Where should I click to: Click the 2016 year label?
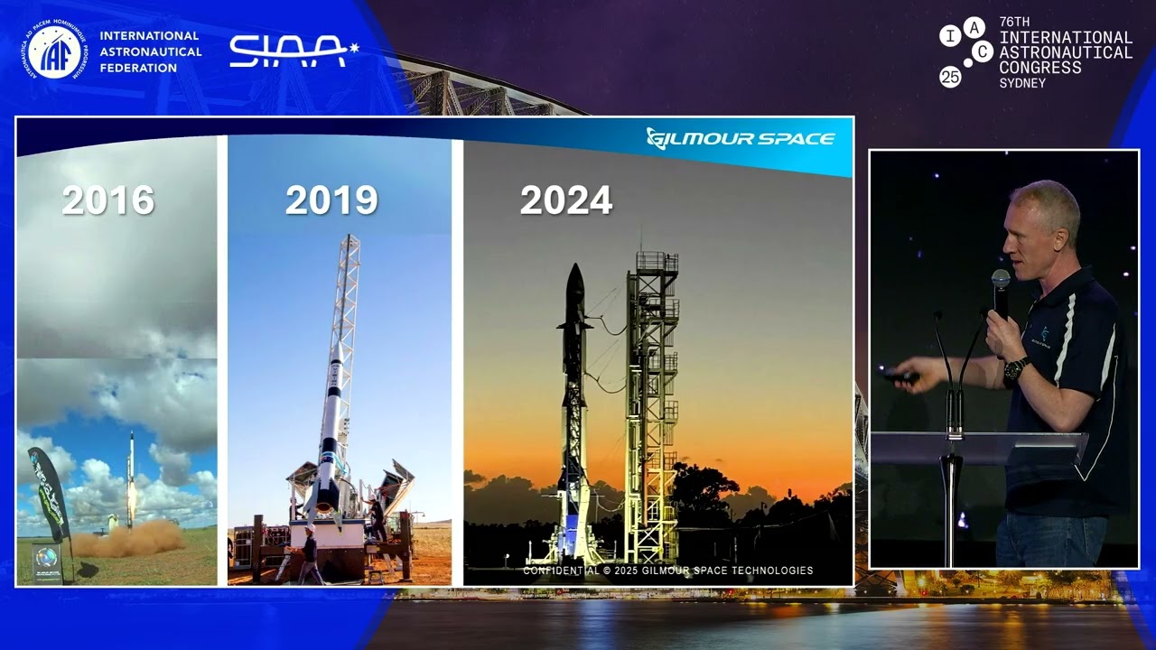[x=107, y=200]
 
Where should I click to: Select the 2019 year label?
[x=331, y=200]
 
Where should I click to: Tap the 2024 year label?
[x=566, y=200]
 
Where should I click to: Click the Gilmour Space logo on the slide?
[x=741, y=138]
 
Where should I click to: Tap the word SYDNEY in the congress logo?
[x=1022, y=83]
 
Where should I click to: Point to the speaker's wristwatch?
[x=1016, y=368]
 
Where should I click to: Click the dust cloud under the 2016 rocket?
[x=126, y=539]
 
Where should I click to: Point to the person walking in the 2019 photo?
[x=310, y=555]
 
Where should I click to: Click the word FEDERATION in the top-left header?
[x=138, y=68]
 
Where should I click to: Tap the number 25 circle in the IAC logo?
[x=950, y=77]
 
